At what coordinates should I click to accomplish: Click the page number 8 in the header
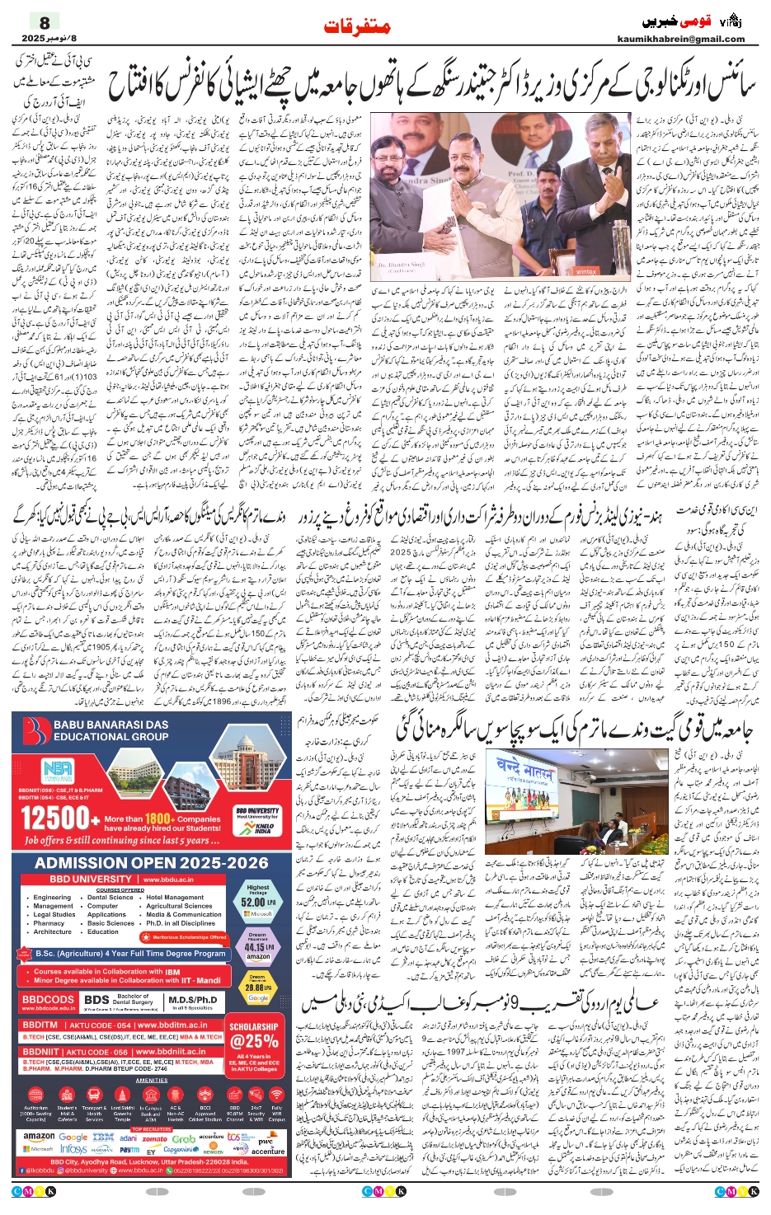pos(45,22)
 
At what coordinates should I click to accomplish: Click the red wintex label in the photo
pos(586,271)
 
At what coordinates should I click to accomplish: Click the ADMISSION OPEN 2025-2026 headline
pos(152,863)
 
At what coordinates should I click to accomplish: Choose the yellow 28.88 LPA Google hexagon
pos(258,987)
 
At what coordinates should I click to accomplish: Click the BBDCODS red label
pos(48,1000)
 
